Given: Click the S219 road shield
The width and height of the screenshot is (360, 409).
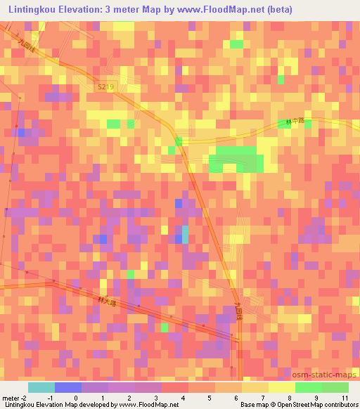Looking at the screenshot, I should [x=106, y=86].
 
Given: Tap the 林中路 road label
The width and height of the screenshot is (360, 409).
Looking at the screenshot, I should [x=295, y=121].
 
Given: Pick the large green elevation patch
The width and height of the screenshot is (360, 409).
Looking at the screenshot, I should [x=236, y=160].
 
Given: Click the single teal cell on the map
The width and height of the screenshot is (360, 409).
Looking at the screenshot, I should [x=185, y=234].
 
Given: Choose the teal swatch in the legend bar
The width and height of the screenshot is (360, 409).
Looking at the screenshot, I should [x=41, y=387].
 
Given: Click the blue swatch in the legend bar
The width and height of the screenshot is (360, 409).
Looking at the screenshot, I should [x=67, y=387].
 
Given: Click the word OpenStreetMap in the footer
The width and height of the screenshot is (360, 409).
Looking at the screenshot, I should [x=295, y=405].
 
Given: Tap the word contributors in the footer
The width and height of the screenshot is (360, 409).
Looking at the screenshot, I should [x=340, y=405].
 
